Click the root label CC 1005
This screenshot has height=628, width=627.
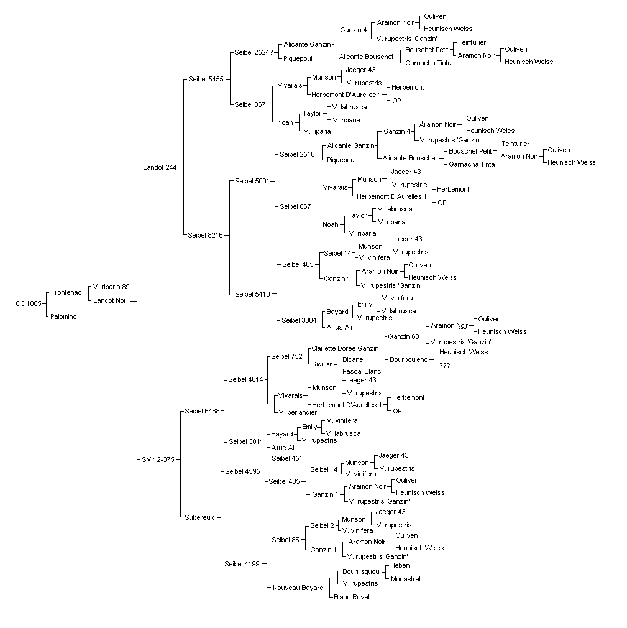29,303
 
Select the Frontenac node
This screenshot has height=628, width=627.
66,292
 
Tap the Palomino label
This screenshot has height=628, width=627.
63,316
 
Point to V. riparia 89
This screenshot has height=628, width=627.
111,287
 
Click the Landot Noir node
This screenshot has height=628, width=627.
111,300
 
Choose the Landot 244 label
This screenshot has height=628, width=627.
160,167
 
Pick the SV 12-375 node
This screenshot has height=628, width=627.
158,459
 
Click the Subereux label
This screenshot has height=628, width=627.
199,517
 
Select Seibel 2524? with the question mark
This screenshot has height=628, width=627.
254,52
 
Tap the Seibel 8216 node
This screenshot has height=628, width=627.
206,235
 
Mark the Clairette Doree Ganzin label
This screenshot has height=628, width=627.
345,348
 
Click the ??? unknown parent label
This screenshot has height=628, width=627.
444,366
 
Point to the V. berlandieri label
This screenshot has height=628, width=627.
299,412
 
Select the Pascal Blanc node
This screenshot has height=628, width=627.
362,371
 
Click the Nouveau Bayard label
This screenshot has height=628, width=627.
298,588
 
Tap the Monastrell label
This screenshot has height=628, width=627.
406,579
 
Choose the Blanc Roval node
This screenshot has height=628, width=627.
352,597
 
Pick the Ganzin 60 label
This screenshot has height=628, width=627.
403,336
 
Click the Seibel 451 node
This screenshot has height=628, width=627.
286,458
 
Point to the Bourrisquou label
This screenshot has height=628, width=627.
361,571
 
